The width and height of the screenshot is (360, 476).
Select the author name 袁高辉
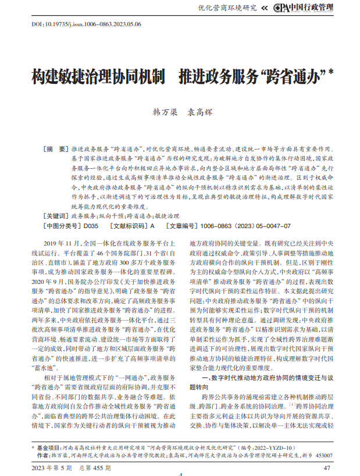201,112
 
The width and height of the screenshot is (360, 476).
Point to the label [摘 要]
56,149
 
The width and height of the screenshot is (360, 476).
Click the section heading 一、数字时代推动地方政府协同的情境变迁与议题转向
260,379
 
